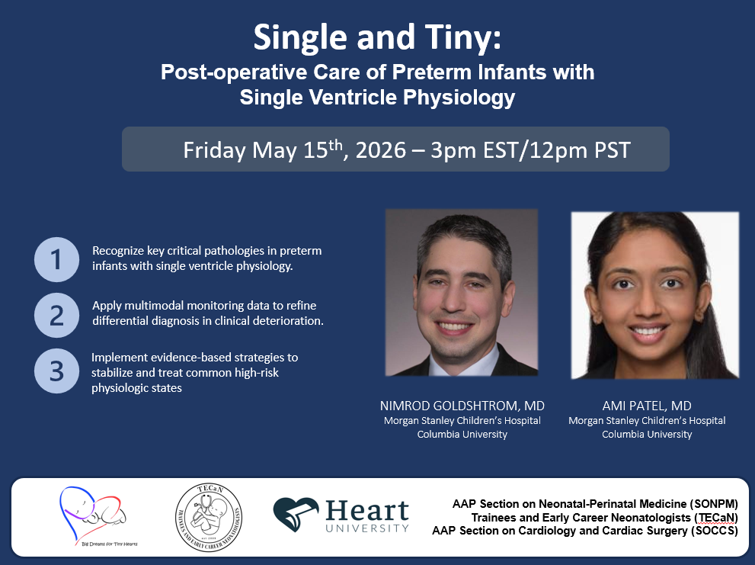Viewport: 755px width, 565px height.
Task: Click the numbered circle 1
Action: (57, 259)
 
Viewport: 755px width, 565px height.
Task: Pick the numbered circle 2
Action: (57, 315)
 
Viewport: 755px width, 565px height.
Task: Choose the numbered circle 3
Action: (57, 371)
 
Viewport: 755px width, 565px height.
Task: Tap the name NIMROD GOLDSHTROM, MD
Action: (462, 406)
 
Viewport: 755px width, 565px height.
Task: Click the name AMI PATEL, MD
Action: (647, 406)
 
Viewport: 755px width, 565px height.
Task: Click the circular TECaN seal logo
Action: (209, 517)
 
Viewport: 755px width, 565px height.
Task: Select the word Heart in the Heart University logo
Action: (367, 511)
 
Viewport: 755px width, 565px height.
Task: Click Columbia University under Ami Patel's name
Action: (647, 435)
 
